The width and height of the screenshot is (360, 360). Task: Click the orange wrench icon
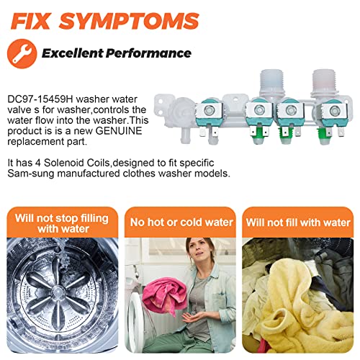22,54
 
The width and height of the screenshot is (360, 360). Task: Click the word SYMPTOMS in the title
129,21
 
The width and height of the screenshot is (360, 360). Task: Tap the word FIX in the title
31,21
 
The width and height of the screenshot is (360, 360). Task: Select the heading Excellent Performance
117,53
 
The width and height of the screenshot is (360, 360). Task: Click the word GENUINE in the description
119,131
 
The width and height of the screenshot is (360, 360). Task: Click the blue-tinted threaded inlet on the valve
272,83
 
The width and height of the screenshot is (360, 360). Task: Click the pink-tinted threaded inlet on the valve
325,83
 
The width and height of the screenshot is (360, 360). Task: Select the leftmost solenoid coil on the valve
210,113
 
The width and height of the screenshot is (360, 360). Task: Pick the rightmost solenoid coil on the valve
333,113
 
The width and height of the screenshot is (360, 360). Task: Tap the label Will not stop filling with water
62,223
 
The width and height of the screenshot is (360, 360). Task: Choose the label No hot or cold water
181,222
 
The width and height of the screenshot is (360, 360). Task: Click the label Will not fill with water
298,222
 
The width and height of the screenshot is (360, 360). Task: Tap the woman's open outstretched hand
193,318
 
